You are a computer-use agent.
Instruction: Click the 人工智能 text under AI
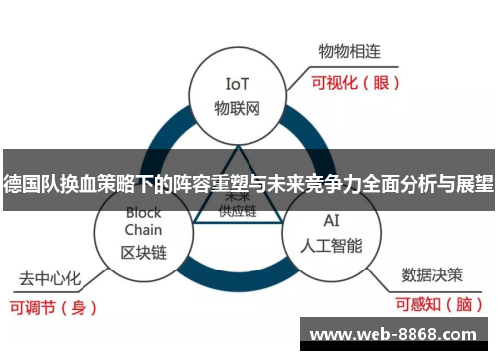point(332,244)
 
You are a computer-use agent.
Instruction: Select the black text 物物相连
point(350,49)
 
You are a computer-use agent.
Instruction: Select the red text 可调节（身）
point(56,307)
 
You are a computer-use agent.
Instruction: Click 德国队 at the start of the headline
point(27,183)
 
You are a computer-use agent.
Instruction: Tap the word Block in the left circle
point(143,212)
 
